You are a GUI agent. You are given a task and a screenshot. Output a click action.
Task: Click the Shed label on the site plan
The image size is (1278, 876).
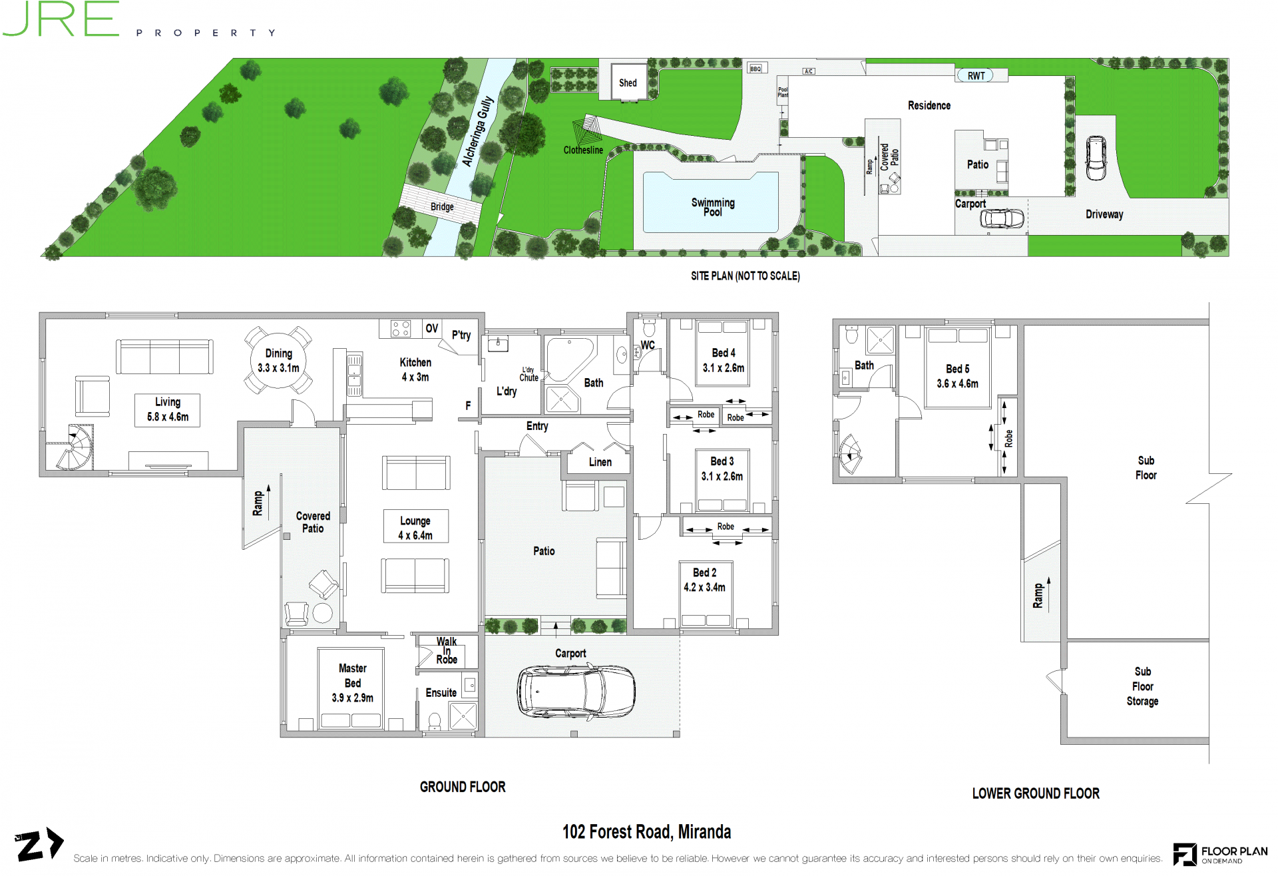click(x=628, y=83)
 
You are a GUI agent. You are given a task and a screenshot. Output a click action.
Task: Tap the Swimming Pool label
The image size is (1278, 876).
click(x=713, y=207)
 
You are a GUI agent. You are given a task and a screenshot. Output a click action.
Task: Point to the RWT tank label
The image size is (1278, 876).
click(x=976, y=76)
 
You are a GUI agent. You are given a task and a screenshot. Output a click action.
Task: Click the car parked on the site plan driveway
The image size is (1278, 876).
click(x=1096, y=158)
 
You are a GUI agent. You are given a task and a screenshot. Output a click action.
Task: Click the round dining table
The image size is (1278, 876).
click(x=279, y=360)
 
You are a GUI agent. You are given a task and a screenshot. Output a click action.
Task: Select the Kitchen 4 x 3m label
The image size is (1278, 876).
click(x=415, y=369)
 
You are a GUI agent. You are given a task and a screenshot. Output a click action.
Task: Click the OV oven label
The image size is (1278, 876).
click(x=432, y=328)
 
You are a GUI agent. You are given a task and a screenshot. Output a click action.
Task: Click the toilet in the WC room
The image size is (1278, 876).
click(x=649, y=329)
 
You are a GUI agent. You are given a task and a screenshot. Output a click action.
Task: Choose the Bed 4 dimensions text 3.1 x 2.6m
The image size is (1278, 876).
click(x=724, y=368)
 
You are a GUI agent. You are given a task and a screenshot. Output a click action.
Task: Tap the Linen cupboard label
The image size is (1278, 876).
click(x=600, y=462)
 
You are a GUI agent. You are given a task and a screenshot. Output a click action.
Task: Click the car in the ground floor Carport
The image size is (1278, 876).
click(x=576, y=692)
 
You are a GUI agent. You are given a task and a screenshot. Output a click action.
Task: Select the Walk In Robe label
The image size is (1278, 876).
click(x=447, y=650)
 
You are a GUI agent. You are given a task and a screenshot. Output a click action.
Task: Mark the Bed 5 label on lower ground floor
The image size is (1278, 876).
click(x=958, y=369)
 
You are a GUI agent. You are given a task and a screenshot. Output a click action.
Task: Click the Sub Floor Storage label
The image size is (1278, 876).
click(x=1143, y=686)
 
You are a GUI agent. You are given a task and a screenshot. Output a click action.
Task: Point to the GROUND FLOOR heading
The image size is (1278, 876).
click(x=463, y=787)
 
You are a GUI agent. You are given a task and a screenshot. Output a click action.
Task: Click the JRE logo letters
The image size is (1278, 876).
click(x=61, y=18)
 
